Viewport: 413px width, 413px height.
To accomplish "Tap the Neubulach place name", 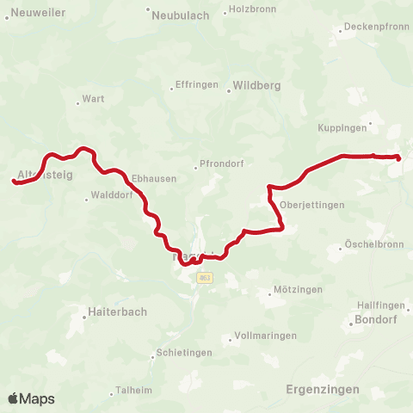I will (x=178, y=15).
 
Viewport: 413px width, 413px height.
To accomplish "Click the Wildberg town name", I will (x=255, y=86).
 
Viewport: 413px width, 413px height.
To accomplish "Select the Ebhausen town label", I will (x=154, y=178).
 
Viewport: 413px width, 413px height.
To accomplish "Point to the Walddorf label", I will (x=110, y=195).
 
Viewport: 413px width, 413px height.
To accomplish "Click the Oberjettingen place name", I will (x=311, y=205).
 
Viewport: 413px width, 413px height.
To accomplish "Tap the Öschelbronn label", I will (x=373, y=243).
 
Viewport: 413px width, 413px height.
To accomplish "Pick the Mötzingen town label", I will (x=297, y=290).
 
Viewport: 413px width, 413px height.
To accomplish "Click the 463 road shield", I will (x=204, y=277).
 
